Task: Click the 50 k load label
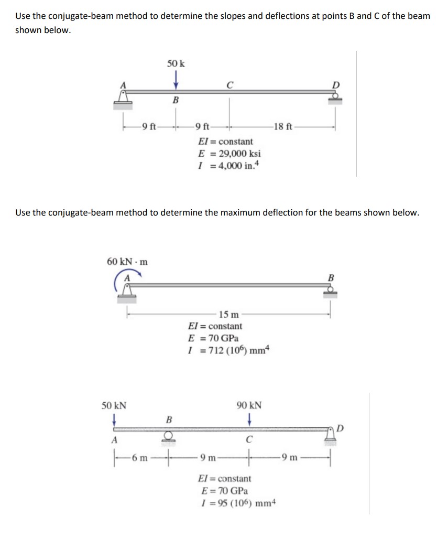176,63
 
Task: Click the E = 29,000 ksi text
230,154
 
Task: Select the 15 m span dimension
229,315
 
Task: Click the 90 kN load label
250,405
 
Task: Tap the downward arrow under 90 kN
250,420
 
